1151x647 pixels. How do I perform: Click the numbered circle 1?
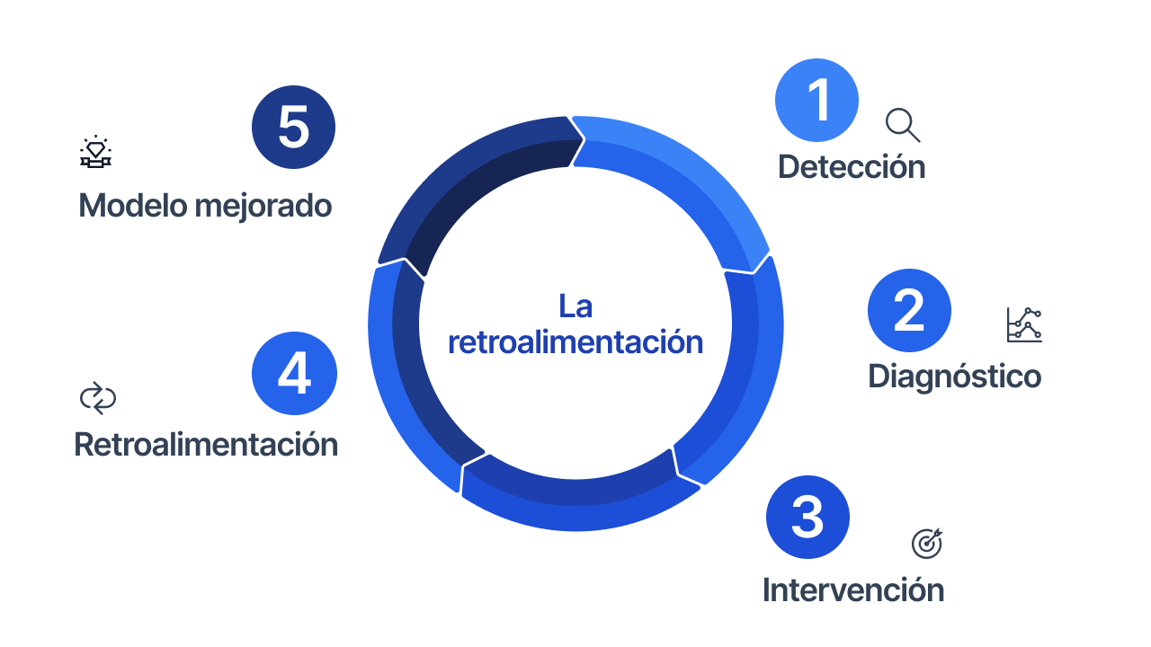(816, 100)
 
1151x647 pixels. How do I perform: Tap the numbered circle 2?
(909, 310)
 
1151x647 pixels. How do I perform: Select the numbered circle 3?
(807, 517)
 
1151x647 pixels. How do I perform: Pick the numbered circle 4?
(294, 374)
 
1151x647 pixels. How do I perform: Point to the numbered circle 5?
(293, 127)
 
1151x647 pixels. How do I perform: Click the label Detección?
(851, 167)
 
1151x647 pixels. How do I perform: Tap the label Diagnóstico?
(954, 377)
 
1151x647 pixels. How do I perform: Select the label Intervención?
(852, 590)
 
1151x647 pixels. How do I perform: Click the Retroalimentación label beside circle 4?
(206, 445)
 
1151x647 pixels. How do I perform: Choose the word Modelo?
(134, 206)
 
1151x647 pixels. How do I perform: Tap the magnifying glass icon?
(902, 125)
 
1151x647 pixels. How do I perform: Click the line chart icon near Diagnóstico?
(1024, 324)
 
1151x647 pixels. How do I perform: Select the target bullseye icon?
(927, 543)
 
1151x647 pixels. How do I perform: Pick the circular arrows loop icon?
(98, 398)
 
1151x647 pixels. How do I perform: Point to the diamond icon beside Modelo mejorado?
(95, 153)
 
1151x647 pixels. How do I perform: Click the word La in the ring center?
(575, 306)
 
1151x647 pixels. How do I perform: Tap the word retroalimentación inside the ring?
(575, 342)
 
